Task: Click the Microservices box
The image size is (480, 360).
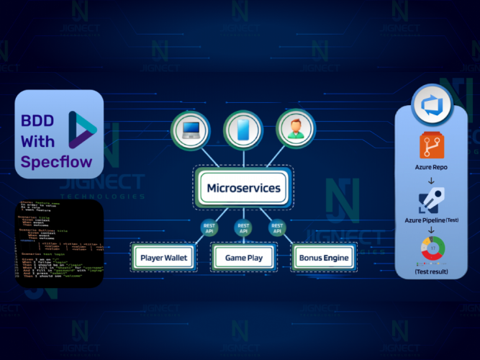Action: click(x=243, y=189)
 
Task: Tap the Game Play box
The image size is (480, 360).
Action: click(x=243, y=257)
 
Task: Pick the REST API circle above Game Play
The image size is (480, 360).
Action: click(x=243, y=228)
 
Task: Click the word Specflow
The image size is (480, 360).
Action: click(x=57, y=162)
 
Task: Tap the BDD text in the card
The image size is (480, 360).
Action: click(x=37, y=120)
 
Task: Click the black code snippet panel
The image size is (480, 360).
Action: click(x=58, y=245)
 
